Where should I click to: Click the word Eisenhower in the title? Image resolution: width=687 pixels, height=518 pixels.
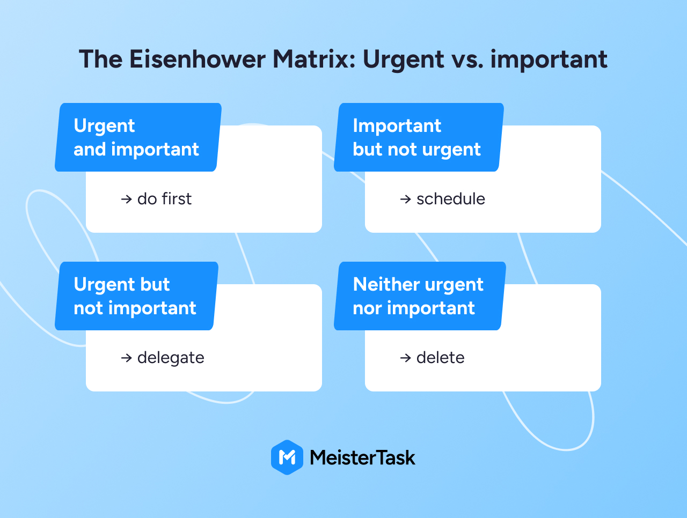[197, 59]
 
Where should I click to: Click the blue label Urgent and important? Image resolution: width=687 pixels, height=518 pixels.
[138, 137]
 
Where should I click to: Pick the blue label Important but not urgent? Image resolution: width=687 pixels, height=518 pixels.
[419, 137]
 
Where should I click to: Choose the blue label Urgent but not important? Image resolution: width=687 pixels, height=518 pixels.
[136, 296]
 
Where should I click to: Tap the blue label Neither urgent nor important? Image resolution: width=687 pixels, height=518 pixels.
[420, 296]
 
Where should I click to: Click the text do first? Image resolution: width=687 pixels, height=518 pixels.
[164, 199]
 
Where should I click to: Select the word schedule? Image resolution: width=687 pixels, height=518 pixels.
[451, 199]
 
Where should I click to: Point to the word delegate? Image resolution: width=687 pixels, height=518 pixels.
[171, 358]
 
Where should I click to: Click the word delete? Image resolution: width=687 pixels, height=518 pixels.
[440, 357]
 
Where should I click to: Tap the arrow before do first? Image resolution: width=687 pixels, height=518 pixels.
[127, 199]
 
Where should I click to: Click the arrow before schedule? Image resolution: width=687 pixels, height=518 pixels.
[406, 199]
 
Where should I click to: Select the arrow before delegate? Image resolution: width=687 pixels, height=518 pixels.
[127, 358]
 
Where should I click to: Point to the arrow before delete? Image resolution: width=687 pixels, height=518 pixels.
[406, 358]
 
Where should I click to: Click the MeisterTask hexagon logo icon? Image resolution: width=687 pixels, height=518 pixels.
[287, 457]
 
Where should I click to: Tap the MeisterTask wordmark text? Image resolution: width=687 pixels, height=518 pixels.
[362, 457]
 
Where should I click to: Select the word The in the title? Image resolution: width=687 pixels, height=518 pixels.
[100, 59]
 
